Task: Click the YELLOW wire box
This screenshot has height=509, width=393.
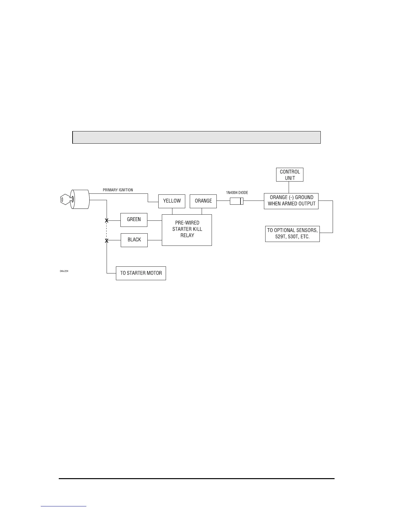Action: (x=172, y=201)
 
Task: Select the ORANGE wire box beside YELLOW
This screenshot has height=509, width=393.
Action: (x=203, y=201)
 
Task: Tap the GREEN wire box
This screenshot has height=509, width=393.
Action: (x=134, y=219)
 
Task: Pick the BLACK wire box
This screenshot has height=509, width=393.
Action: (x=134, y=240)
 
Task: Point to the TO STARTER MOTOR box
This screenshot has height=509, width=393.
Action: (x=141, y=273)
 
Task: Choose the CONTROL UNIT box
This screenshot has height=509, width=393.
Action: (x=290, y=175)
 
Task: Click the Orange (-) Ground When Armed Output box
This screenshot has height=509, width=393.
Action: (x=291, y=201)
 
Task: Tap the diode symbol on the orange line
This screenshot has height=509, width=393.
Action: (x=237, y=201)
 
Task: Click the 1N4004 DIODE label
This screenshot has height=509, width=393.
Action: (x=237, y=193)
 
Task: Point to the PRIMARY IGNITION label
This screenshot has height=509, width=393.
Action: (x=118, y=190)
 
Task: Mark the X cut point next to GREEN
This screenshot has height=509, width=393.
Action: (x=107, y=220)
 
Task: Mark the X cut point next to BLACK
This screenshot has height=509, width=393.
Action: (x=107, y=240)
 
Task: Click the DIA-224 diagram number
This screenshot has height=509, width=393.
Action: (x=64, y=271)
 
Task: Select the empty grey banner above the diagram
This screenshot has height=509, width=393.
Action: (x=197, y=137)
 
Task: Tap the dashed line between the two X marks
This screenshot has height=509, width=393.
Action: (x=107, y=230)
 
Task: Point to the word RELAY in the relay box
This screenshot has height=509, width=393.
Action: (x=187, y=235)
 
